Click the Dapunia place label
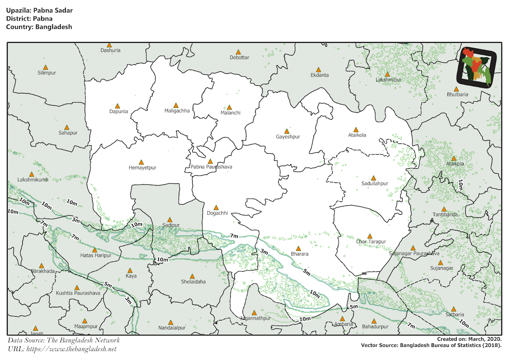click(x=118, y=112)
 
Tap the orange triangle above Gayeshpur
click(x=287, y=131)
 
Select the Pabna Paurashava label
click(x=211, y=167)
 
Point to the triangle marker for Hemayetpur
click(x=141, y=162)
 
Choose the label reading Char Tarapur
click(x=371, y=242)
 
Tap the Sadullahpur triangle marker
click(x=373, y=178)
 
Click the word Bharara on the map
click(x=299, y=254)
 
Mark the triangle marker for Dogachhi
click(x=216, y=208)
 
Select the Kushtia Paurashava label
click(x=78, y=293)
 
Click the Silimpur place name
click(x=47, y=73)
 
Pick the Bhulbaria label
click(x=457, y=94)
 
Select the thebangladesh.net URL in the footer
click(x=62, y=349)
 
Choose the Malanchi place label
click(x=230, y=112)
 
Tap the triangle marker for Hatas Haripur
click(x=95, y=250)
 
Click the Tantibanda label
click(x=445, y=214)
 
